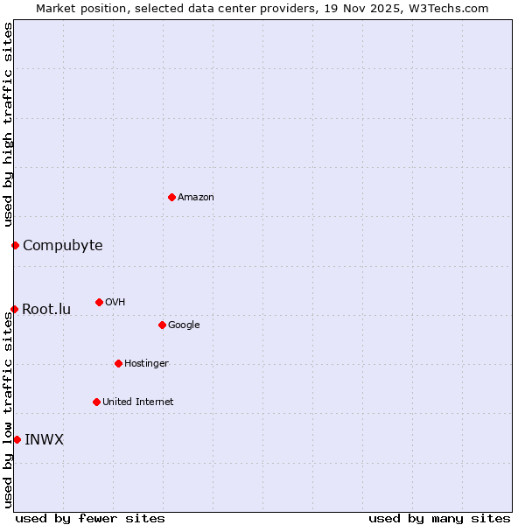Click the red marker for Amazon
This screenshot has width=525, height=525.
click(171, 197)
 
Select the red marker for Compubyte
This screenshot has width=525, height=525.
click(15, 245)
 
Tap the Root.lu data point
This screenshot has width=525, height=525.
click(14, 309)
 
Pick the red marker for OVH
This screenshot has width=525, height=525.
click(99, 302)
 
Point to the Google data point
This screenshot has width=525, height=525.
click(162, 325)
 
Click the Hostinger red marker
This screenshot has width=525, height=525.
click(118, 363)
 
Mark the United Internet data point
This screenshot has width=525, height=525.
click(96, 402)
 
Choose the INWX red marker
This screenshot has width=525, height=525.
click(17, 439)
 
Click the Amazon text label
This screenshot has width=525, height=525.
click(196, 198)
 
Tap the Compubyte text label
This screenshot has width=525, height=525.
click(63, 245)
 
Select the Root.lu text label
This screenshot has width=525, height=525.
click(46, 309)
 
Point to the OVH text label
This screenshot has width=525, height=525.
click(115, 303)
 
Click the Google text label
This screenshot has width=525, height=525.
click(184, 325)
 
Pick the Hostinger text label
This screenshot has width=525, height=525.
click(146, 364)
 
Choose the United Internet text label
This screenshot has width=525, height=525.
click(138, 402)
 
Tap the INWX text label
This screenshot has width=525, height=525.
click(44, 439)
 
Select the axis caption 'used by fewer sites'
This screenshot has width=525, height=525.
click(90, 518)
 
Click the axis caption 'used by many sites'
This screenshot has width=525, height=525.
click(439, 518)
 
